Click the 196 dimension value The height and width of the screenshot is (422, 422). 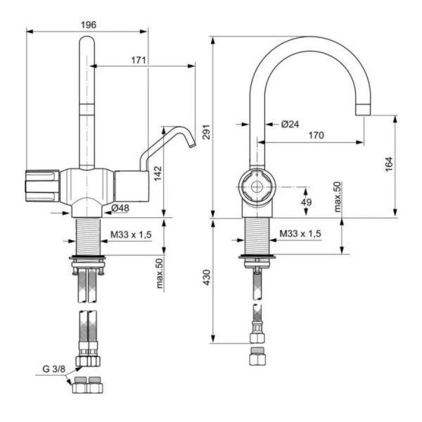click(88, 25)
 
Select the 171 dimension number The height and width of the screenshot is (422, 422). click(139, 60)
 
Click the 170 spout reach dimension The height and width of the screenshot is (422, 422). click(314, 136)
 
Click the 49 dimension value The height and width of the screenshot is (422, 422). click(307, 203)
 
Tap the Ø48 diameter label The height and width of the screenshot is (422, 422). click(120, 208)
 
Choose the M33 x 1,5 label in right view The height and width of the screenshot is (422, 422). click(300, 234)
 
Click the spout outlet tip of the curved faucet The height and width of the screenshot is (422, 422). click(364, 110)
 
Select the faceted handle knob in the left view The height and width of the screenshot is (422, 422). click(43, 186)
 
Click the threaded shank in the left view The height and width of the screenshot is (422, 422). click(89, 235)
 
